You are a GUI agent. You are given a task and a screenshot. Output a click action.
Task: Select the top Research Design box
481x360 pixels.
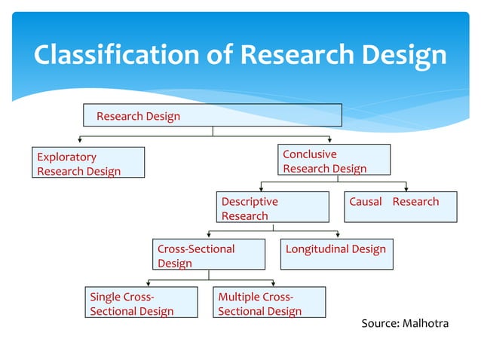pos(212,115)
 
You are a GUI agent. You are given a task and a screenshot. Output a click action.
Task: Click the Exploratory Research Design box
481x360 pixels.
pos(89,163)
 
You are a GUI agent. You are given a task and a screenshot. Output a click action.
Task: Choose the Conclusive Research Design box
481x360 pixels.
pos(334,160)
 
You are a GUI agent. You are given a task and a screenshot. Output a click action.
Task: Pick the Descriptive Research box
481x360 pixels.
pos(272,208)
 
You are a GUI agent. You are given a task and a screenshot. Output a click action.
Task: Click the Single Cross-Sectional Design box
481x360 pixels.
pos(140,303)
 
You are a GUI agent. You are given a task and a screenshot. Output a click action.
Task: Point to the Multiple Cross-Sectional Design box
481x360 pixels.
pos(269,303)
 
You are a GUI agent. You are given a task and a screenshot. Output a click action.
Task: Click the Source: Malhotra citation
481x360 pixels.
pos(404,323)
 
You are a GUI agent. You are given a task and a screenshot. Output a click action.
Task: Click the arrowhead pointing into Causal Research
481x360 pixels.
pos(406,188)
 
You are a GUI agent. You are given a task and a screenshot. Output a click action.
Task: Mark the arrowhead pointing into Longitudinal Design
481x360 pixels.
pos(337,235)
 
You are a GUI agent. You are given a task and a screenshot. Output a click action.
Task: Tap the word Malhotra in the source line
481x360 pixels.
pos(424,323)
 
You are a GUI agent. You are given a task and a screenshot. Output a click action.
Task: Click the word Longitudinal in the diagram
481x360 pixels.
pos(313,249)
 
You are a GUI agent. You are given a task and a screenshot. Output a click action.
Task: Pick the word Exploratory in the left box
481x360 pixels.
pos(67,157)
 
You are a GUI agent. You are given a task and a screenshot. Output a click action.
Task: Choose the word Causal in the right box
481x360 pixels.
pos(366,201)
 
